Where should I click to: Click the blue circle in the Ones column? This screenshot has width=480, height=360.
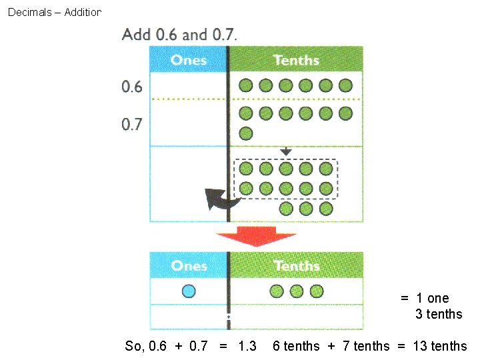tap(189, 291)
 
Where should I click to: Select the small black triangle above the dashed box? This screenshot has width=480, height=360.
tap(285, 152)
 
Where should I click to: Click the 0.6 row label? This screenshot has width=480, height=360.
tap(132, 87)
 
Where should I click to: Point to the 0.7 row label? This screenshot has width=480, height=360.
tap(132, 125)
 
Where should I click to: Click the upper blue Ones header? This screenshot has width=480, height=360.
tap(189, 59)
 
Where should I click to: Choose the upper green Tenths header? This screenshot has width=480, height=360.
tap(296, 59)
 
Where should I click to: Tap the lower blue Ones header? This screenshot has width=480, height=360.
tap(189, 265)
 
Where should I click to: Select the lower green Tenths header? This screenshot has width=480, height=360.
tap(296, 265)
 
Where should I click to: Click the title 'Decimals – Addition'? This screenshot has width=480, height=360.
tap(54, 12)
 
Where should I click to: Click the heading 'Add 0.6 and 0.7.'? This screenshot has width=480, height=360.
tap(179, 34)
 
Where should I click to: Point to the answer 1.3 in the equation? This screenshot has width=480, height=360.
tap(247, 346)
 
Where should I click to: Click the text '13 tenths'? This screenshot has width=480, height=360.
tap(440, 346)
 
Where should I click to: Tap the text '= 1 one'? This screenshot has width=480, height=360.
tap(425, 298)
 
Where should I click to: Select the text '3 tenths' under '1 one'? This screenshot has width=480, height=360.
tap(438, 314)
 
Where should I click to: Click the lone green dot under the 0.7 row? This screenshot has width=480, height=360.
tap(246, 133)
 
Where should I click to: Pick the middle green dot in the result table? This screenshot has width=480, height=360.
tap(297, 291)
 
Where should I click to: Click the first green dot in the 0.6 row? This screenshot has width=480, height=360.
tap(246, 85)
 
